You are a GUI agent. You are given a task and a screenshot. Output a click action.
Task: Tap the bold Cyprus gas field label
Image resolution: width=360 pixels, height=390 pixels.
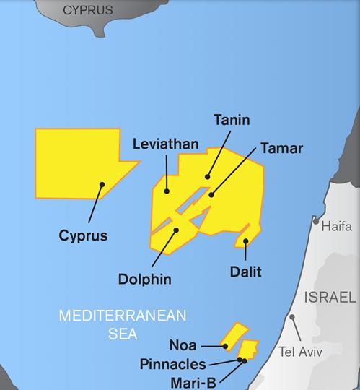coord(84,235)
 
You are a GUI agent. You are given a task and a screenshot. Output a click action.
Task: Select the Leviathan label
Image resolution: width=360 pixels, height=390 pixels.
coord(165,144)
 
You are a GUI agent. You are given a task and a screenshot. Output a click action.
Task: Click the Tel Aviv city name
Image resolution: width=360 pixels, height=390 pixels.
coord(300,352)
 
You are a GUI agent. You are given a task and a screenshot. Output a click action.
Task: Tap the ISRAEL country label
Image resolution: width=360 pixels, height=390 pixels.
coord(330,298)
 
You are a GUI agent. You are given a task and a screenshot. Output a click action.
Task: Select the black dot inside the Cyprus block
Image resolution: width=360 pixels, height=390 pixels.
coord(102,185)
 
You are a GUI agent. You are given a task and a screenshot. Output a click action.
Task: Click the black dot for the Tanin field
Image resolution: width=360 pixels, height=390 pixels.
coord(207,175)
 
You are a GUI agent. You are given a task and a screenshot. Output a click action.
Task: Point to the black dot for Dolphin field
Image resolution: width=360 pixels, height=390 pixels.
coord(177,230)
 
